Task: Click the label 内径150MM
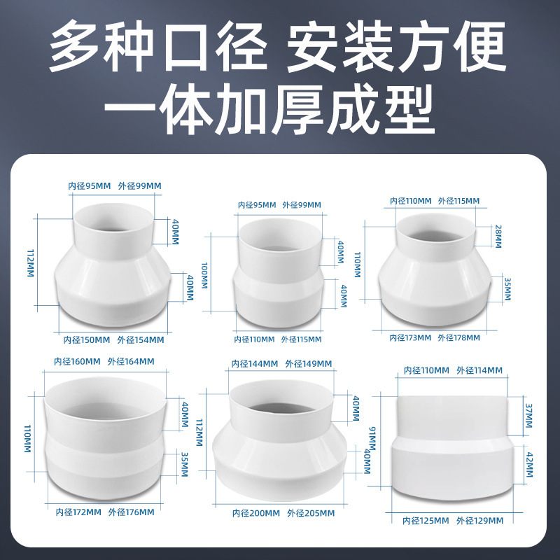[87, 339]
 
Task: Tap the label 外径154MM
[141, 339]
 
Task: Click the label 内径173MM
[410, 337]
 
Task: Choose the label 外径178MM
[459, 337]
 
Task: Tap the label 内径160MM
[77, 362]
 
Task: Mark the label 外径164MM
[131, 362]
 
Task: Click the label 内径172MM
[78, 512]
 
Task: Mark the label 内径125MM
[426, 521]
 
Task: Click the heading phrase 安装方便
[395, 46]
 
